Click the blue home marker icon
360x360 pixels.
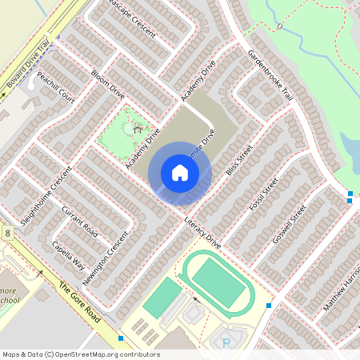pyautogui.click(x=180, y=172)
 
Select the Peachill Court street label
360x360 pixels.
pyautogui.click(x=55, y=88)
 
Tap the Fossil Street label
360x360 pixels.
pyautogui.click(x=262, y=194)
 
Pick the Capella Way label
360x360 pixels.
pyautogui.click(x=67, y=254)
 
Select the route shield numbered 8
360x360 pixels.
pyautogui.click(x=8, y=233)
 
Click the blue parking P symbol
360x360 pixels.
pyautogui.click(x=226, y=342)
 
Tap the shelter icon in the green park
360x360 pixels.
pyautogui.click(x=137, y=127)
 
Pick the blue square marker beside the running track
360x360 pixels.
pyautogui.click(x=269, y=306)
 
